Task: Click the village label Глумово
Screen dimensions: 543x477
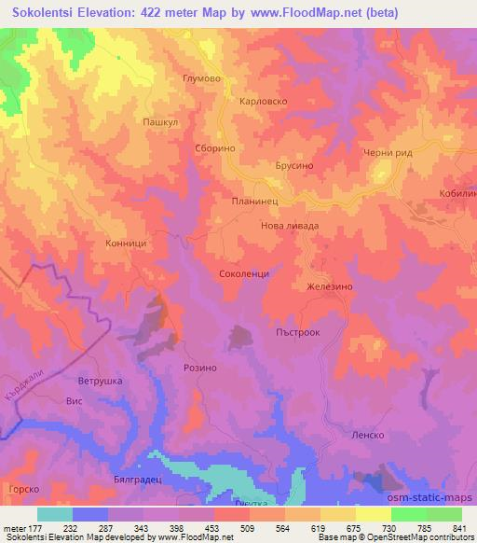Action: click(202, 79)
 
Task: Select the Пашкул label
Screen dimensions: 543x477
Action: click(159, 121)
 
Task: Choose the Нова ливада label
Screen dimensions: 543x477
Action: click(288, 226)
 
